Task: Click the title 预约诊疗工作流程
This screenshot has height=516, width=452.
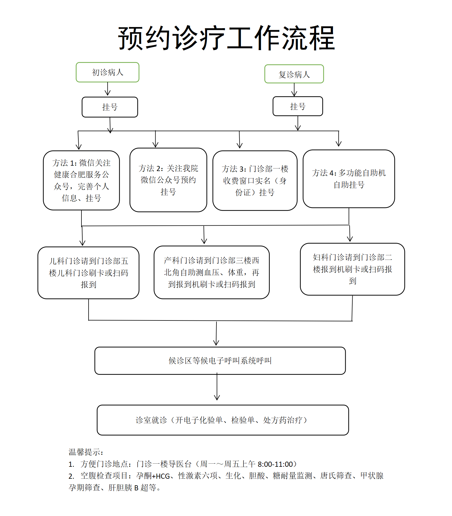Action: pyautogui.click(x=226, y=38)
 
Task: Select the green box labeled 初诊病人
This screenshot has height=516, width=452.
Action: pyautogui.click(x=107, y=72)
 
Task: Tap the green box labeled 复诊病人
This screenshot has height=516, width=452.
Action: pyautogui.click(x=294, y=74)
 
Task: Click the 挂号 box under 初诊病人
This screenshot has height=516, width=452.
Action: pyautogui.click(x=110, y=107)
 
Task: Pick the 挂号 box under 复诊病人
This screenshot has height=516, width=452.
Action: pyautogui.click(x=298, y=106)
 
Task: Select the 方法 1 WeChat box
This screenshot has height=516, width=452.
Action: pyautogui.click(x=81, y=180)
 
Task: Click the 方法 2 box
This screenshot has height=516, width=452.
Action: pyautogui.click(x=168, y=180)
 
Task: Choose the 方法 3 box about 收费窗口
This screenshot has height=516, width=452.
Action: pyautogui.click(x=255, y=181)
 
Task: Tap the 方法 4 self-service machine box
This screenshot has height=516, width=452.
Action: pyautogui.click(x=349, y=179)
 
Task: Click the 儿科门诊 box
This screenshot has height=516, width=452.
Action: pyautogui.click(x=88, y=273)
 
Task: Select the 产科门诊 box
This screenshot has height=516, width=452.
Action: pyautogui.click(x=211, y=272)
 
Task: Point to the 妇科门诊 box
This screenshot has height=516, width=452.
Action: pyautogui.click(x=352, y=269)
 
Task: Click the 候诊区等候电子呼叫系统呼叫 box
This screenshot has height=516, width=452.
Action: pyautogui.click(x=220, y=361)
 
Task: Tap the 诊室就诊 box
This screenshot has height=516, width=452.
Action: pyautogui.click(x=223, y=420)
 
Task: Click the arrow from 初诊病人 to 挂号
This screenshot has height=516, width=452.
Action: pyautogui.click(x=108, y=89)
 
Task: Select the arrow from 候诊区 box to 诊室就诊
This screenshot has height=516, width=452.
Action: pyautogui.click(x=217, y=387)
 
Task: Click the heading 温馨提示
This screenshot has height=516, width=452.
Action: pyautogui.click(x=86, y=452)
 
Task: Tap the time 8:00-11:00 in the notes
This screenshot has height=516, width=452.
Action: pyautogui.click(x=275, y=464)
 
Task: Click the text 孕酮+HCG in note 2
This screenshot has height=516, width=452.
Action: pyautogui.click(x=153, y=476)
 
